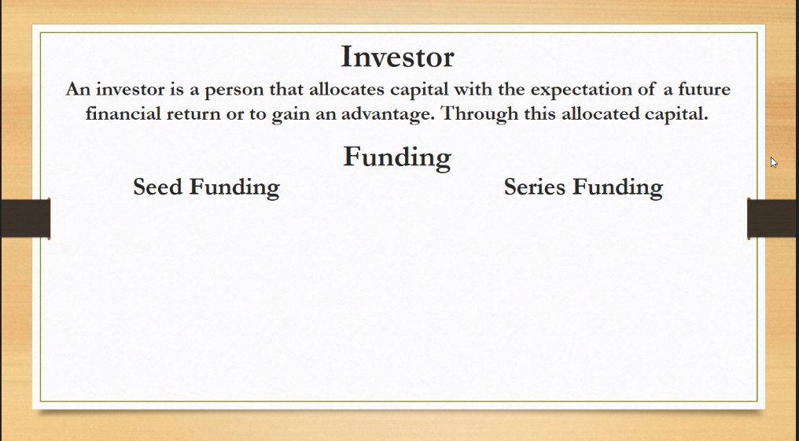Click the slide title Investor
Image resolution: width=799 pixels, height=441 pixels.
[397, 57]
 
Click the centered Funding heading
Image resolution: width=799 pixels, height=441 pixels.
[397, 157]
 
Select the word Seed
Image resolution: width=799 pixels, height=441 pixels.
[158, 187]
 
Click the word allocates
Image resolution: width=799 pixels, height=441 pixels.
[347, 89]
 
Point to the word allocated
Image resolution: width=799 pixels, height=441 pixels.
[600, 113]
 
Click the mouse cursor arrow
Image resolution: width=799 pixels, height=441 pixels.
[774, 163]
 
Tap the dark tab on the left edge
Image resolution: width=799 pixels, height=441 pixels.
[25, 218]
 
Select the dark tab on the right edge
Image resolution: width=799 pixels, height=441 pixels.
[773, 218]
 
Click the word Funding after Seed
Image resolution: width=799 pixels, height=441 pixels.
[234, 187]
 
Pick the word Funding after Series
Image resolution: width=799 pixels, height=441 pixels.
[617, 187]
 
